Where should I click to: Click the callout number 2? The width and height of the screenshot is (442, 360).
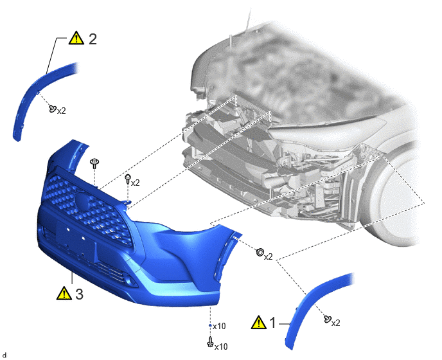tap(93, 39)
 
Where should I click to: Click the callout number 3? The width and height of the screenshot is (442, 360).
tap(80, 294)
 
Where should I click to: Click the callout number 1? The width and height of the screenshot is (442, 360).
tap(272, 323)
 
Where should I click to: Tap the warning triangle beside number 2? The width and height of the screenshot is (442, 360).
tap(76, 38)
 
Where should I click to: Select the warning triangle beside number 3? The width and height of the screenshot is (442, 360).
tap(64, 293)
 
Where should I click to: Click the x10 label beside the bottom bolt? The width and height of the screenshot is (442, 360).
tap(221, 346)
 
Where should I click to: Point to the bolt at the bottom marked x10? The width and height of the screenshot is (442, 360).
tap(210, 342)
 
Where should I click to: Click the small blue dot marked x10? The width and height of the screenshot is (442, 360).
tap(210, 325)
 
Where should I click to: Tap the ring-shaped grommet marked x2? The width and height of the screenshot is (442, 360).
tap(260, 251)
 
